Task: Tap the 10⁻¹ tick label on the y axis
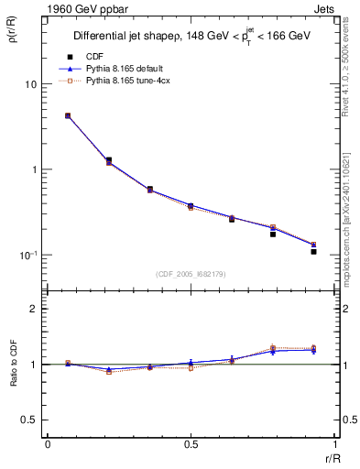(27, 255)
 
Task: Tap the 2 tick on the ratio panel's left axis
(34, 309)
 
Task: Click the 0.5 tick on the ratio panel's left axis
(30, 420)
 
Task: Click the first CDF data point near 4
(68, 116)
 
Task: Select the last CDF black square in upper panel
(313, 251)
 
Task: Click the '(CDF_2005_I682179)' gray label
(191, 274)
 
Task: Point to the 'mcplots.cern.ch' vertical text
(348, 266)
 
